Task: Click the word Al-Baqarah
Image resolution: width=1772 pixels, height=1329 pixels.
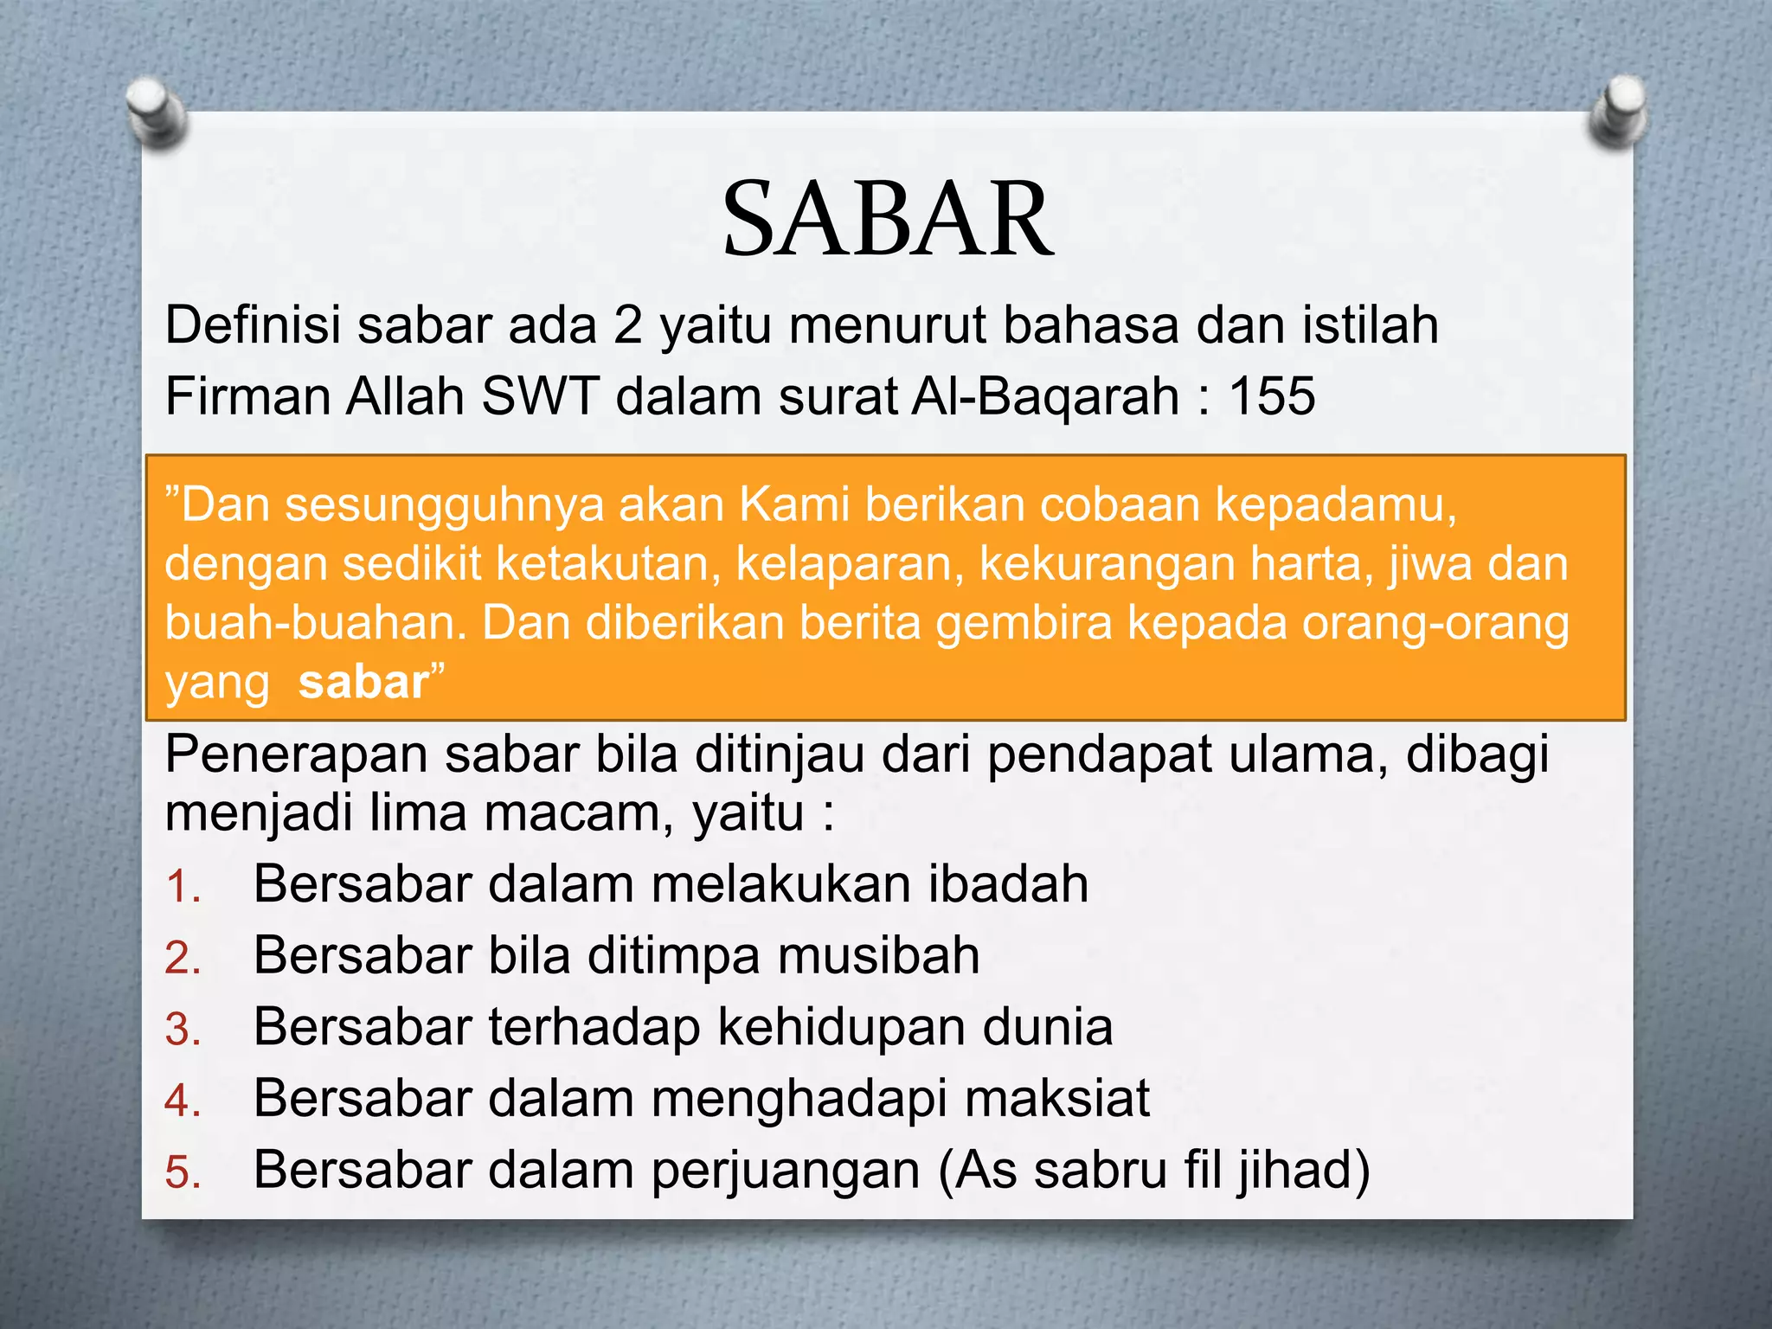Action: (x=1045, y=397)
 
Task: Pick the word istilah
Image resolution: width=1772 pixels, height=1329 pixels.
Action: (x=1371, y=325)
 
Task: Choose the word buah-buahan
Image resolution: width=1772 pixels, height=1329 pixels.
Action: (x=316, y=623)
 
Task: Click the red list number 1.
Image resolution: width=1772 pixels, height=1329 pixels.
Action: (x=183, y=888)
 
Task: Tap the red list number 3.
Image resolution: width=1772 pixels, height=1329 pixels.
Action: (x=183, y=1030)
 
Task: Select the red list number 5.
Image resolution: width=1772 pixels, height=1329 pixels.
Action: (x=183, y=1173)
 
